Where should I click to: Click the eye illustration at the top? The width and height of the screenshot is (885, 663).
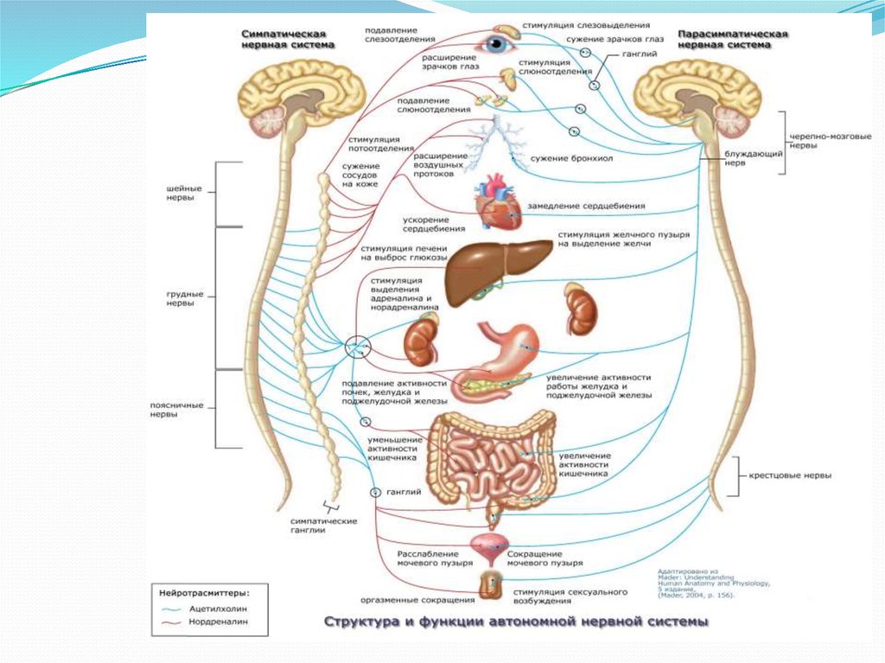pyautogui.click(x=499, y=44)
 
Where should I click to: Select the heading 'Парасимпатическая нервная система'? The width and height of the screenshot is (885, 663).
pyautogui.click(x=733, y=38)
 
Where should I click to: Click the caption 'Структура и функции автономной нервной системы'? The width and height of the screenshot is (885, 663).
pyautogui.click(x=516, y=621)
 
